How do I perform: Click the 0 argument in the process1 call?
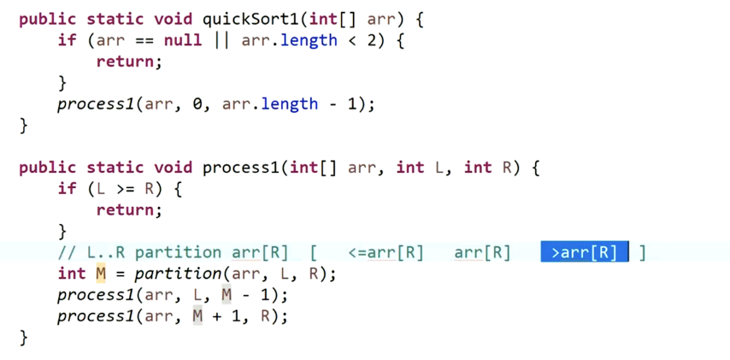(x=197, y=104)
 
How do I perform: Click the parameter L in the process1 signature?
(x=442, y=168)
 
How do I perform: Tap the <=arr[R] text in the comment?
(x=386, y=252)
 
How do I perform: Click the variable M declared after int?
(x=100, y=274)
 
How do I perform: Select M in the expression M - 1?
(x=227, y=295)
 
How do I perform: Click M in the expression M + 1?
(x=197, y=316)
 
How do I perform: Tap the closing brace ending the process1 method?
(x=24, y=338)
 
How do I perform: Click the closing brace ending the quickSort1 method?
(x=24, y=126)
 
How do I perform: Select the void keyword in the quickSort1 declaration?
(x=173, y=19)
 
